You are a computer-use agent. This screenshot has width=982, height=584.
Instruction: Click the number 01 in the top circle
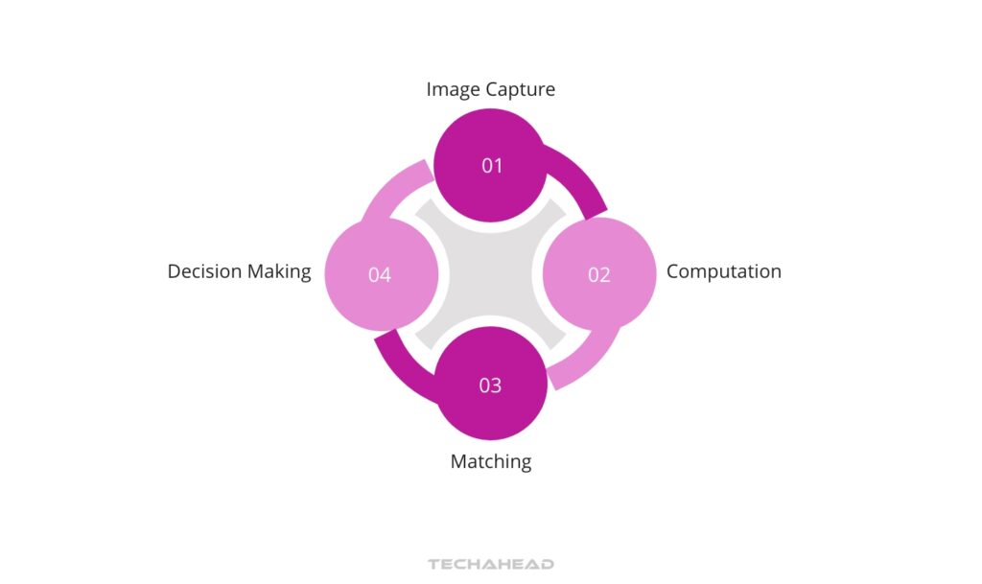coord(492,166)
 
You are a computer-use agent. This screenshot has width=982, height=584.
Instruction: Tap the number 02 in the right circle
coord(599,275)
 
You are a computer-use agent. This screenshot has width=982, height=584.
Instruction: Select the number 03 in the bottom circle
coord(490,385)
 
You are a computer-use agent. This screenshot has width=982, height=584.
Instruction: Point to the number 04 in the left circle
coord(380,275)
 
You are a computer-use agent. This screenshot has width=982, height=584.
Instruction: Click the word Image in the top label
coord(454,90)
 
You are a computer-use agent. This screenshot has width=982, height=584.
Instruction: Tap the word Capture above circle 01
coord(521,90)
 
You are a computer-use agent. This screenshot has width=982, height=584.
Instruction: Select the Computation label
coord(724,271)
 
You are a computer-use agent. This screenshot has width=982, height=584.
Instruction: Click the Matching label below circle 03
coord(491,461)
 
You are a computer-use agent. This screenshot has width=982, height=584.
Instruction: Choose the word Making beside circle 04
coord(280,271)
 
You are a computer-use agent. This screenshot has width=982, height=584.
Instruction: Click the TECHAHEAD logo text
coord(491,564)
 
